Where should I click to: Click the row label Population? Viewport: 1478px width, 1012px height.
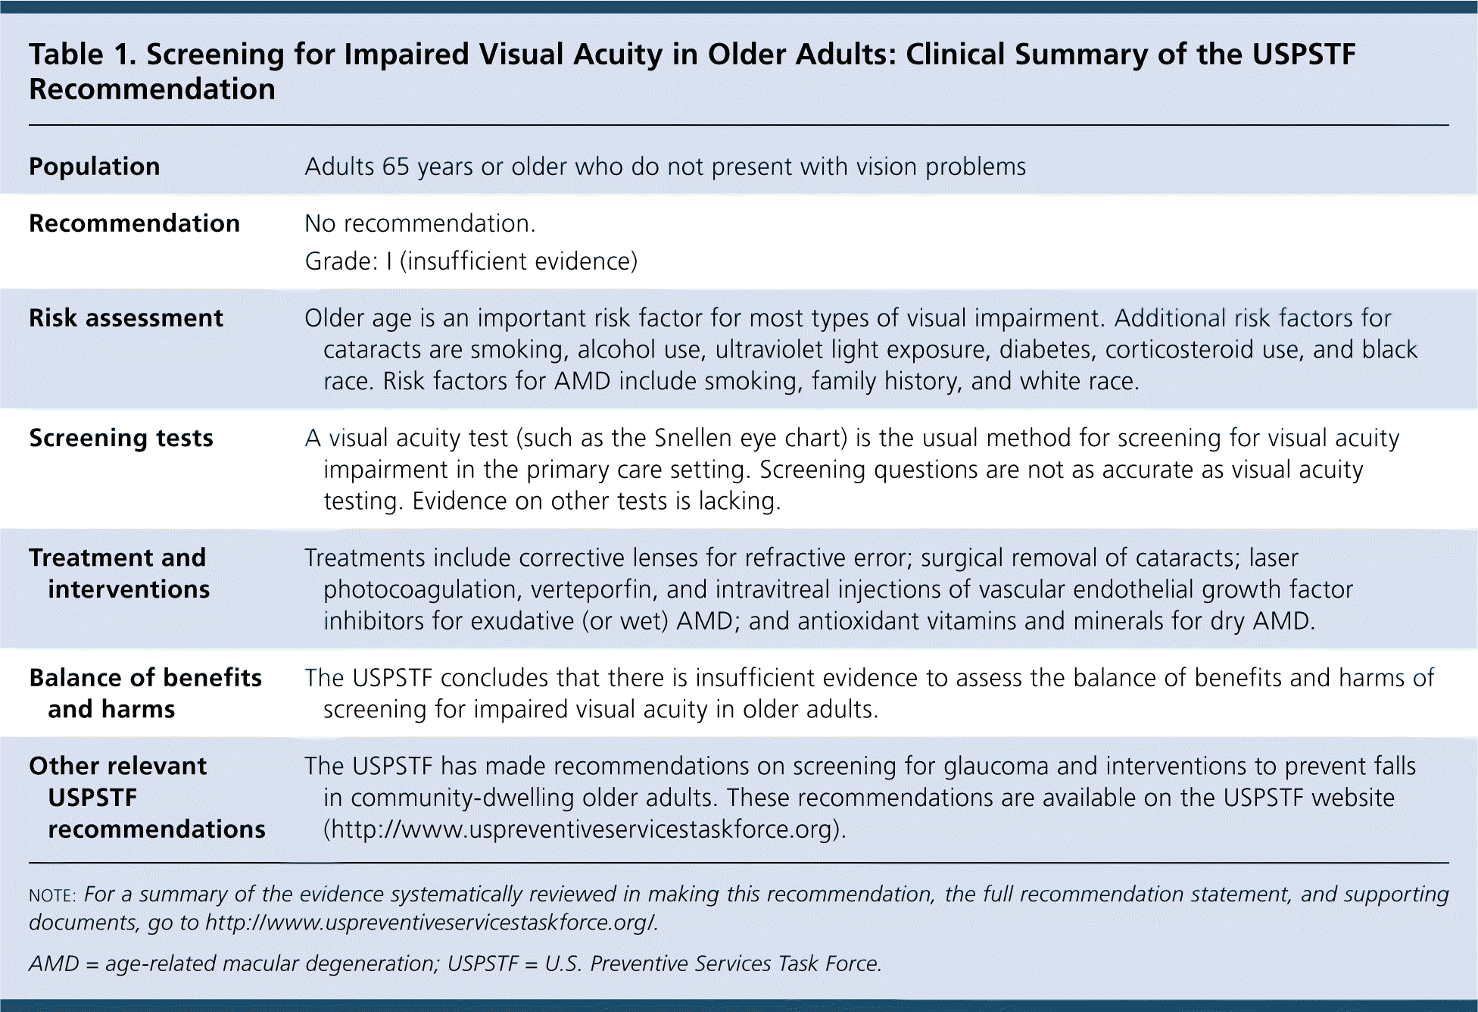pyautogui.click(x=95, y=167)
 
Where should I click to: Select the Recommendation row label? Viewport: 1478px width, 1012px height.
pyautogui.click(x=135, y=223)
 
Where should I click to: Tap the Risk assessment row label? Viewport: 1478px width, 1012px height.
pyautogui.click(x=126, y=318)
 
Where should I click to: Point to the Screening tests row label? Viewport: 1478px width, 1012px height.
pyautogui.click(x=121, y=439)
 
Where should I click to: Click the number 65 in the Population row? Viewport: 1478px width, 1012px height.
pyautogui.click(x=395, y=167)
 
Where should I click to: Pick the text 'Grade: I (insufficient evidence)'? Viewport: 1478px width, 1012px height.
pyautogui.click(x=471, y=261)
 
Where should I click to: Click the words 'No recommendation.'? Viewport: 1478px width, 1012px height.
pyautogui.click(x=420, y=223)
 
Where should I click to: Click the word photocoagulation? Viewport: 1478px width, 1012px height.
pyautogui.click(x=423, y=589)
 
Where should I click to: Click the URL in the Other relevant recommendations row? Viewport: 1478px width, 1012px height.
pyautogui.click(x=585, y=829)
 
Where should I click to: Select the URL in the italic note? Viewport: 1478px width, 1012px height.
pyautogui.click(x=431, y=923)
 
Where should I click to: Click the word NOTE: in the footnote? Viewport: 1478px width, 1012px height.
pyautogui.click(x=52, y=895)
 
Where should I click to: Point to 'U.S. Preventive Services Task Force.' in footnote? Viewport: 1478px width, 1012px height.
pyautogui.click(x=713, y=964)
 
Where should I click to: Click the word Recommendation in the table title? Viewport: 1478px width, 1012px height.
pyautogui.click(x=152, y=89)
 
